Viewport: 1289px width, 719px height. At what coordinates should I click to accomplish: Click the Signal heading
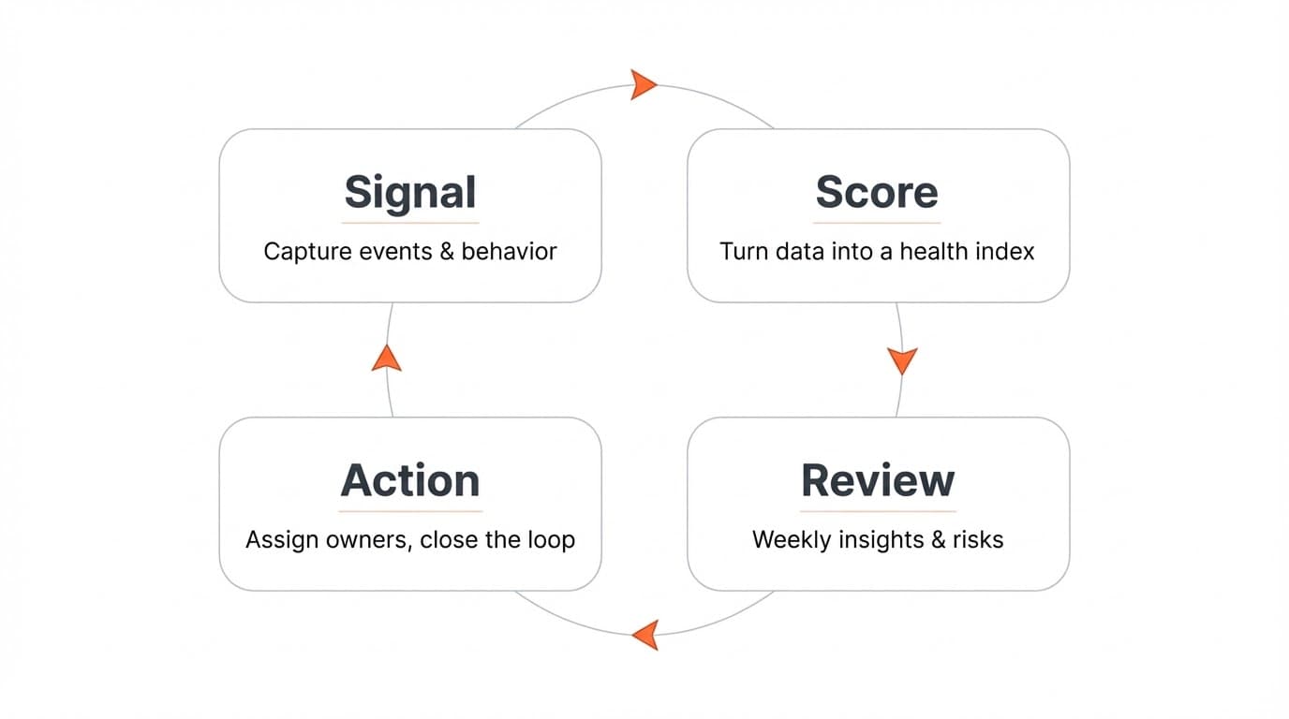pos(410,192)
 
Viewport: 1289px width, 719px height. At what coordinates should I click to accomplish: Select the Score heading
pos(877,192)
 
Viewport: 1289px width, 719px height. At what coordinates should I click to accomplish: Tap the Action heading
pos(410,480)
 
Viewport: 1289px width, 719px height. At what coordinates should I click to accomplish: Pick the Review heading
pos(878,480)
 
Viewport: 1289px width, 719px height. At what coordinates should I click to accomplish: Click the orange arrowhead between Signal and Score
pos(643,84)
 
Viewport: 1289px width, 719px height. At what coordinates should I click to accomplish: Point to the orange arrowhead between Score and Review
pos(901,360)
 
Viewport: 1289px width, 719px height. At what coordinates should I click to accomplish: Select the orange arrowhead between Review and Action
pos(645,635)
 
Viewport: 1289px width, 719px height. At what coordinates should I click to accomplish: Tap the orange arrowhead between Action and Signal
pos(386,358)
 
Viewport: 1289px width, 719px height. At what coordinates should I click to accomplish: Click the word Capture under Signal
pos(300,252)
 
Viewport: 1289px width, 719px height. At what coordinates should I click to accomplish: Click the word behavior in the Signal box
pos(509,252)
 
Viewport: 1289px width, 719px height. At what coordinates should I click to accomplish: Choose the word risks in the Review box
pos(978,540)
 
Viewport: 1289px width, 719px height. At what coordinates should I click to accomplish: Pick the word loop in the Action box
pos(550,540)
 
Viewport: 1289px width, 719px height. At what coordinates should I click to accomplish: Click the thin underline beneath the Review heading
pos(878,511)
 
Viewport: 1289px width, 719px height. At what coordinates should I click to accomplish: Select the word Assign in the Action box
pos(277,540)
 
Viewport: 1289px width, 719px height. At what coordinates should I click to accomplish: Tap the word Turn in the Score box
pos(741,252)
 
